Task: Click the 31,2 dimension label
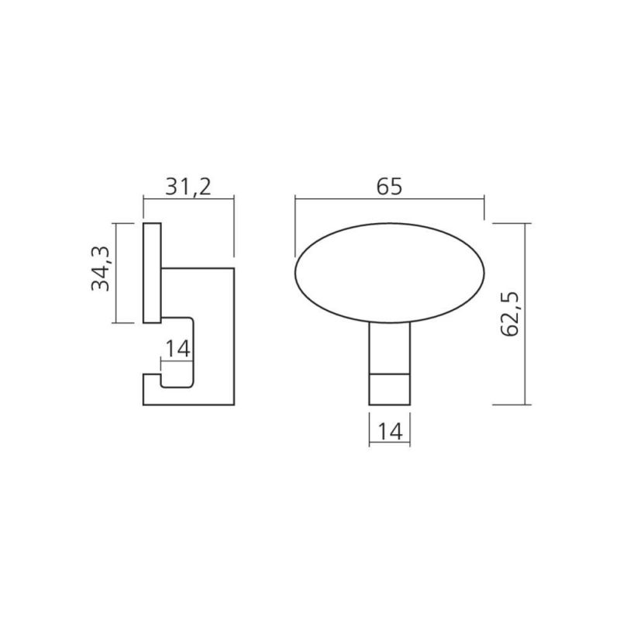point(188,187)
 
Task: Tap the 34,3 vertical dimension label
point(101,268)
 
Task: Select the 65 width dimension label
point(389,187)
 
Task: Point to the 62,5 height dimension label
point(510,315)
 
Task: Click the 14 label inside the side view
point(178,350)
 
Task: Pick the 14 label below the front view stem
point(390,432)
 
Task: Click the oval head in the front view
point(390,274)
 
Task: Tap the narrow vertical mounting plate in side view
point(152,274)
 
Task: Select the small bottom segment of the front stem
point(390,390)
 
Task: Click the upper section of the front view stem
point(390,348)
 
